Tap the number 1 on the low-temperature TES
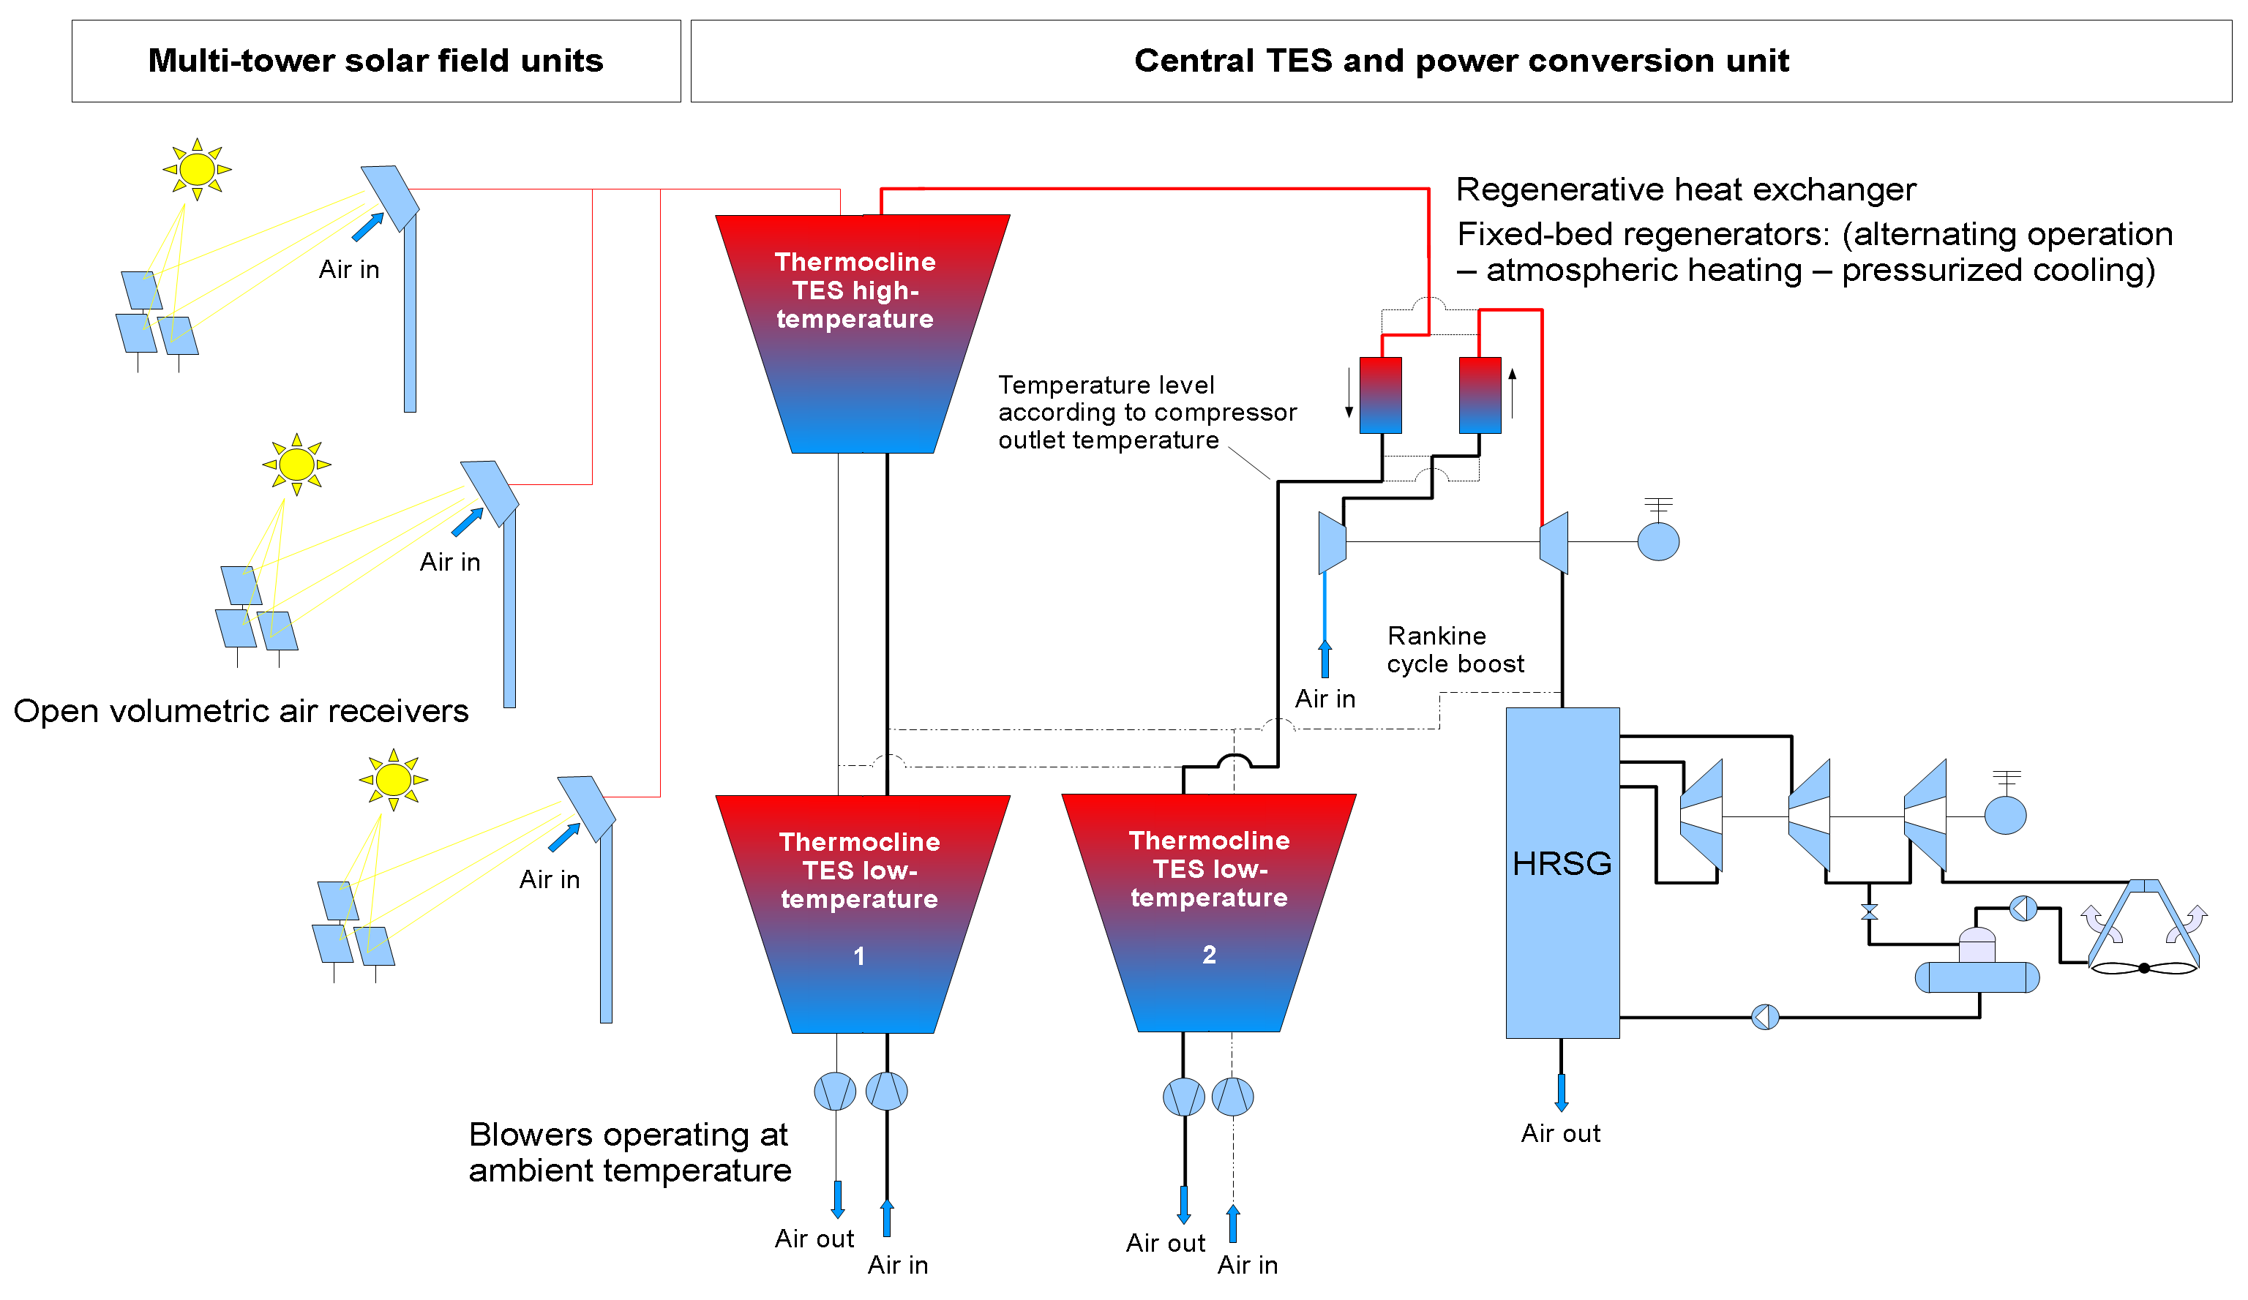[858, 956]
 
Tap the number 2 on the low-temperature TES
[1209, 954]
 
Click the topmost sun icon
[197, 168]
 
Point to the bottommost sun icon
[394, 779]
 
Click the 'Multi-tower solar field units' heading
[375, 61]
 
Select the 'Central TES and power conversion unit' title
[1461, 61]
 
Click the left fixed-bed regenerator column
[1380, 395]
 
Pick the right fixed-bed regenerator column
[1479, 395]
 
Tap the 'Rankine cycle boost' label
[1455, 649]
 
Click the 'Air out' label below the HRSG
[1560, 1133]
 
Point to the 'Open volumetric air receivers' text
[241, 710]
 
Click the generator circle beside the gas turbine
[1658, 541]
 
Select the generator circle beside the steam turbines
[2005, 815]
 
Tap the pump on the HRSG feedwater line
[1765, 1016]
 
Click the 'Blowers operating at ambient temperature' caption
[630, 1152]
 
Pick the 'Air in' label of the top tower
[349, 269]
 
